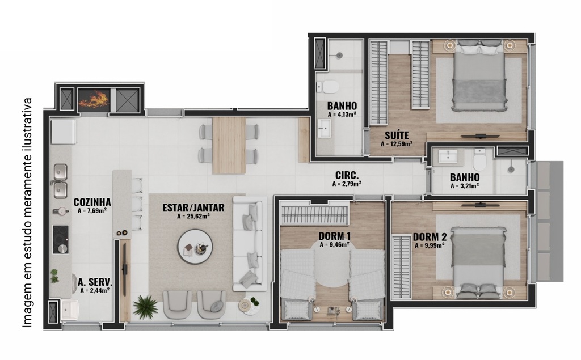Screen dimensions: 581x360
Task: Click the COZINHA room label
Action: (92, 202)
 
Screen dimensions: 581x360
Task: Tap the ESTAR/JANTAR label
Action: (193, 207)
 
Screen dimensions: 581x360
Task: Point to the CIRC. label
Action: (347, 175)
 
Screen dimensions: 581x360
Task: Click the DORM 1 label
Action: (335, 236)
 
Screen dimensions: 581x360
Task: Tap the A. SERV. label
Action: (95, 282)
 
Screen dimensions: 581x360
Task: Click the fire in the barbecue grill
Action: (94, 99)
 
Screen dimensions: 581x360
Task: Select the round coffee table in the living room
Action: (195, 247)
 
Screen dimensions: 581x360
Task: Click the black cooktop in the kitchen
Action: (60, 240)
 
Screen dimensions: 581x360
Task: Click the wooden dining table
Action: (229, 146)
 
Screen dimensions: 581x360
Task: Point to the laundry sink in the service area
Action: (70, 310)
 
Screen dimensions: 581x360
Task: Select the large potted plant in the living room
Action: (146, 307)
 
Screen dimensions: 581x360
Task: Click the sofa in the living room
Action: (250, 244)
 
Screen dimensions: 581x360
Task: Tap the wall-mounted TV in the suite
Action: (476, 136)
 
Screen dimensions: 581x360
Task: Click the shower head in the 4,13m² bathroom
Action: (339, 55)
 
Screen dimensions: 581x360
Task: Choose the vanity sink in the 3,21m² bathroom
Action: (448, 156)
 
